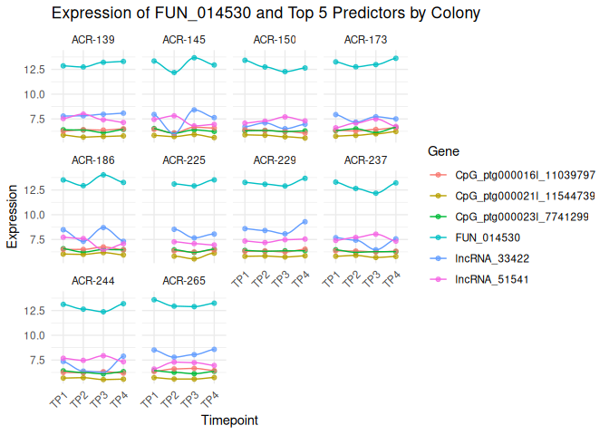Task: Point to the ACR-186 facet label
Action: [x=92, y=160]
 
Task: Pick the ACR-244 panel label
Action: [x=92, y=281]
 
